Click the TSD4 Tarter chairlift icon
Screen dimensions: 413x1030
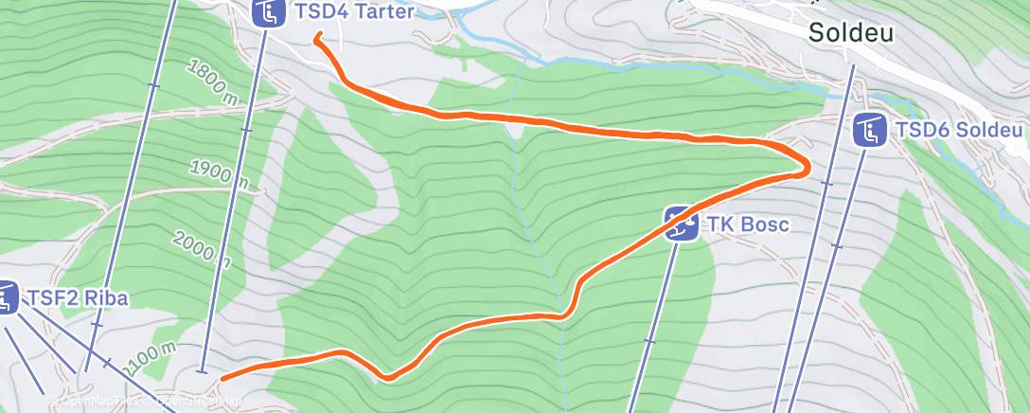pos(269,12)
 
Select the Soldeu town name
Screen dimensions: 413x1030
pos(851,33)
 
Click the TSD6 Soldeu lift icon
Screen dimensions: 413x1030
pos(869,130)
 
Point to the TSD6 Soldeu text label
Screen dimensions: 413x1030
pos(959,130)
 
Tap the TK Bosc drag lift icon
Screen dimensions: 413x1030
pos(680,224)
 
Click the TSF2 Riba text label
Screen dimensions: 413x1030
pos(78,298)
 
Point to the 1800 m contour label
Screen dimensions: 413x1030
pos(212,82)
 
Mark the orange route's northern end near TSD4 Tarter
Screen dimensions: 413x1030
pos(317,37)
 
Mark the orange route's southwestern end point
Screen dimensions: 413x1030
pos(222,379)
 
